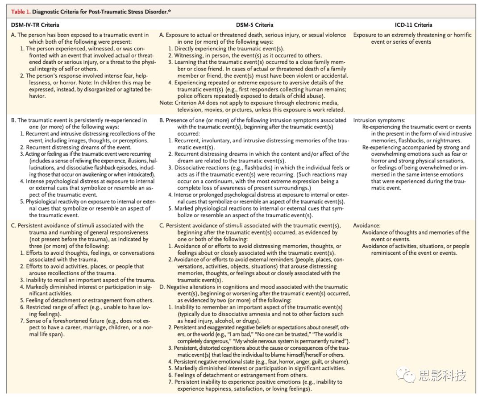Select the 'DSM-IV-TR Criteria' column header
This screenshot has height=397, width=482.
point(35,25)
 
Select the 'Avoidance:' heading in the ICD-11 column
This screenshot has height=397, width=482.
point(367,226)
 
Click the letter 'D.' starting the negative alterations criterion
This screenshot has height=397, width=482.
point(162,287)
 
